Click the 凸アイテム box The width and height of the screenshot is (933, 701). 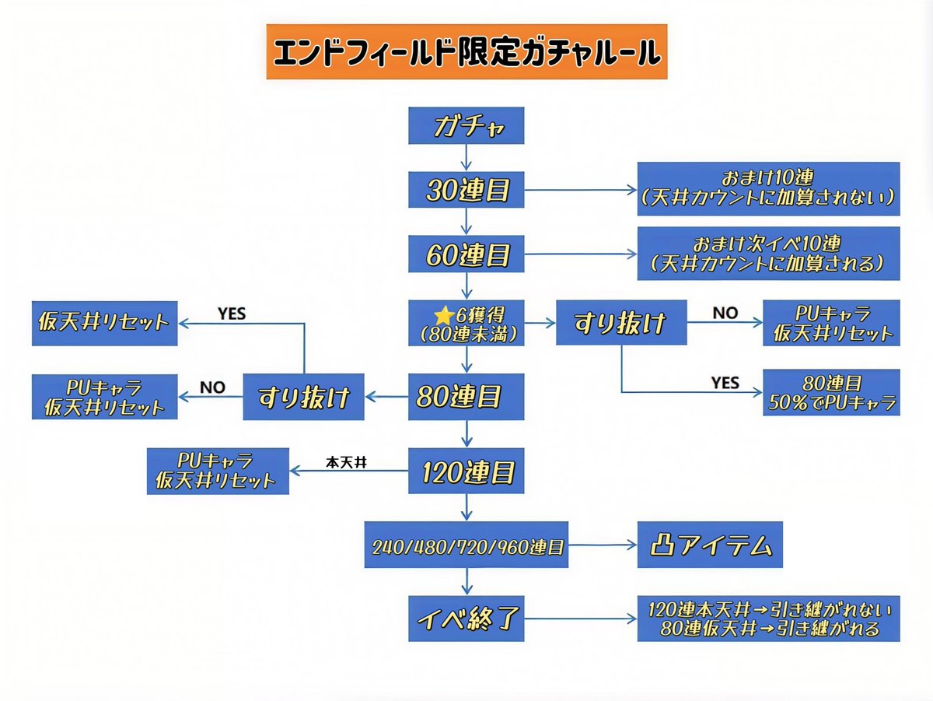click(711, 546)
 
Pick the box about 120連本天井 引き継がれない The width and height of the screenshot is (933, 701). click(768, 619)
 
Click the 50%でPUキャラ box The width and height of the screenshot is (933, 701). click(830, 394)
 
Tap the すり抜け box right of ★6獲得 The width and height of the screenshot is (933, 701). click(620, 323)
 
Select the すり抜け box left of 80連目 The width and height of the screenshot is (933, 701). click(303, 397)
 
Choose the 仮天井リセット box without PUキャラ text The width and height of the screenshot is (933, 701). click(103, 323)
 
